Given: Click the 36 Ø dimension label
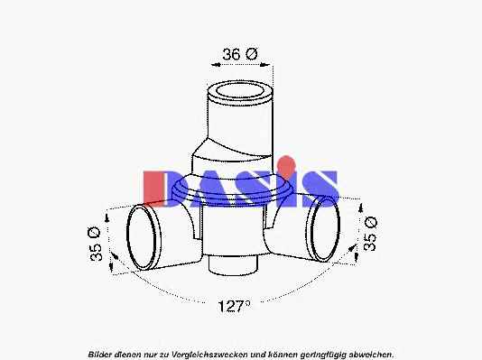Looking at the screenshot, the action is pos(240,54).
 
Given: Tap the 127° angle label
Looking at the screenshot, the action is pos(235,306).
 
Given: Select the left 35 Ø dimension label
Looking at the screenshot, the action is pos(95,245).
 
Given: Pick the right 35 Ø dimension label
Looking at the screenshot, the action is pos(370,234).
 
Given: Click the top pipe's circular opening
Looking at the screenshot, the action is pos(240,91).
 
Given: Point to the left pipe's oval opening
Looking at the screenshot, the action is pos(142,238).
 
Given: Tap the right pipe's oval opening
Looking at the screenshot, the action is pos(325,229).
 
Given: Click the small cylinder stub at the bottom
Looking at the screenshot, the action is pos(233,264).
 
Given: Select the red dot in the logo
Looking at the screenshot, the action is pos(286,163).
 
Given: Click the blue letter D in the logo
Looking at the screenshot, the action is pos(179,189).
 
